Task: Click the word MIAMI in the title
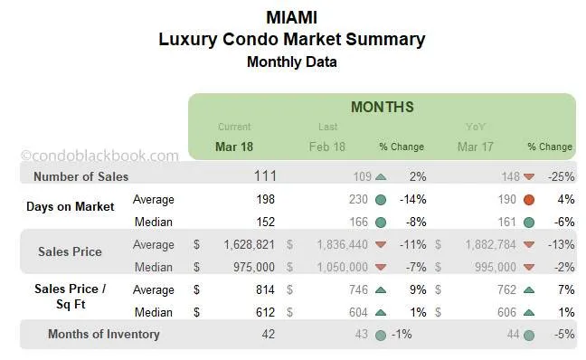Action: [x=292, y=16]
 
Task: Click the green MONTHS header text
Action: [x=382, y=108]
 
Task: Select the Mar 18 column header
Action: [x=234, y=147]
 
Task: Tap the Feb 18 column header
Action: [x=327, y=147]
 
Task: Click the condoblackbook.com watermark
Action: [x=99, y=156]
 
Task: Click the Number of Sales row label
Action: [x=80, y=176]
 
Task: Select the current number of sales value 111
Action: [x=265, y=176]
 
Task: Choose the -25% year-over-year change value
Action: [x=558, y=176]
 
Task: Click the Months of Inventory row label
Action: [x=103, y=334]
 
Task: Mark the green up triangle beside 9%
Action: [x=380, y=289]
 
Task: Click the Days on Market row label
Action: [x=70, y=207]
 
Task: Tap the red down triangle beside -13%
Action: [x=528, y=244]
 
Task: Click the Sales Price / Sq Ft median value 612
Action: [x=264, y=312]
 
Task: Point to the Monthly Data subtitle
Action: [x=291, y=62]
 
